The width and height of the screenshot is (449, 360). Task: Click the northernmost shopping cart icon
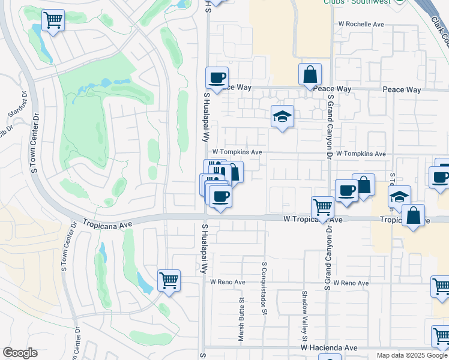(x=53, y=20)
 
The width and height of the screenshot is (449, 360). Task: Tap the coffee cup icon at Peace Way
(x=217, y=77)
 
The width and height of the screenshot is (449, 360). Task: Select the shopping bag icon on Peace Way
(x=310, y=75)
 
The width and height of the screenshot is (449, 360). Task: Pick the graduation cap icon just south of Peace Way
(x=282, y=116)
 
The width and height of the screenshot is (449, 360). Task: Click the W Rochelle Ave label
(x=361, y=25)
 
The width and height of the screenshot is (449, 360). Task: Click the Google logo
(x=20, y=353)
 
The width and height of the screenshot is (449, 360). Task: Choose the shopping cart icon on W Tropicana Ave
(x=323, y=208)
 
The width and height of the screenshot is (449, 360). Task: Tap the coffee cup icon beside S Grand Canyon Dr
(x=346, y=191)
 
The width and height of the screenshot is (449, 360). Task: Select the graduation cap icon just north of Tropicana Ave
(x=399, y=197)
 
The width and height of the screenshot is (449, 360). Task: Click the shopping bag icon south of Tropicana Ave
(x=414, y=215)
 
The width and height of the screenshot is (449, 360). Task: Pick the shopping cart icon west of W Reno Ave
(x=169, y=280)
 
